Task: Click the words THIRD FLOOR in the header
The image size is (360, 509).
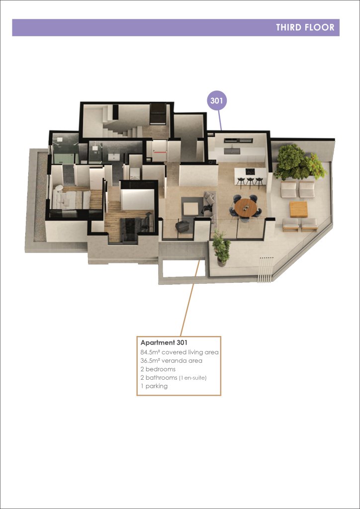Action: coord(305,27)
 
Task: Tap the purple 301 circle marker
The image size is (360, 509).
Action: coord(216,100)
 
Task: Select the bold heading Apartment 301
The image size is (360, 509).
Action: coord(164,342)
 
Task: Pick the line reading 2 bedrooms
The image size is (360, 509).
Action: coord(158,369)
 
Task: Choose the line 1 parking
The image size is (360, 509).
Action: coord(154,386)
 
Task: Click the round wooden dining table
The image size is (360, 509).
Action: coord(246,207)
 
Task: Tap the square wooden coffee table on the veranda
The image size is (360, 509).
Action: coord(299,209)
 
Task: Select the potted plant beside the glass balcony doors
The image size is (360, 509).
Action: coord(221,249)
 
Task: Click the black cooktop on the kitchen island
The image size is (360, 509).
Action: coord(250,171)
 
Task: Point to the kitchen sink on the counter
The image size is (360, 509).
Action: coord(232,151)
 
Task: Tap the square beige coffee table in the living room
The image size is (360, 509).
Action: coord(190,208)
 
